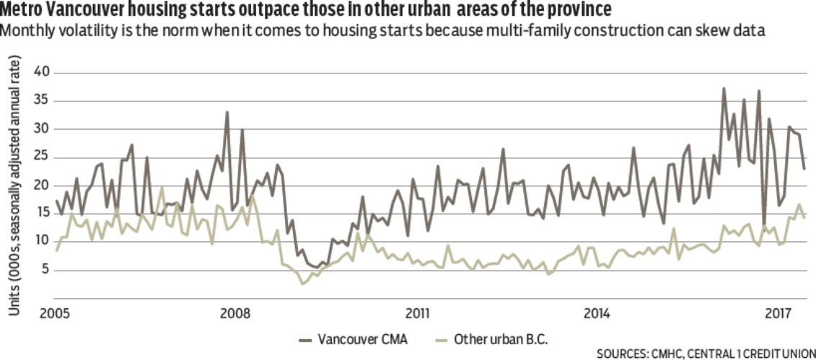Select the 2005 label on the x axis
(55, 314)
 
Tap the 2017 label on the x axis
(778, 314)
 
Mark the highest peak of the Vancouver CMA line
(723, 89)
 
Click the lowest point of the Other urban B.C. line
(303, 284)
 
